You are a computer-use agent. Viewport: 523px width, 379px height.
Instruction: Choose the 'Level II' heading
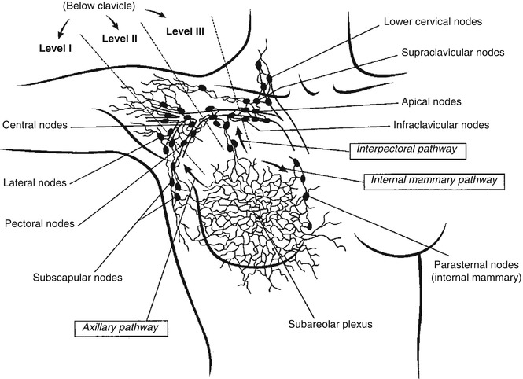click(x=119, y=37)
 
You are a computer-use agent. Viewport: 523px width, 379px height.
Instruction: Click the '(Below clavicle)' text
click(x=101, y=6)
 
